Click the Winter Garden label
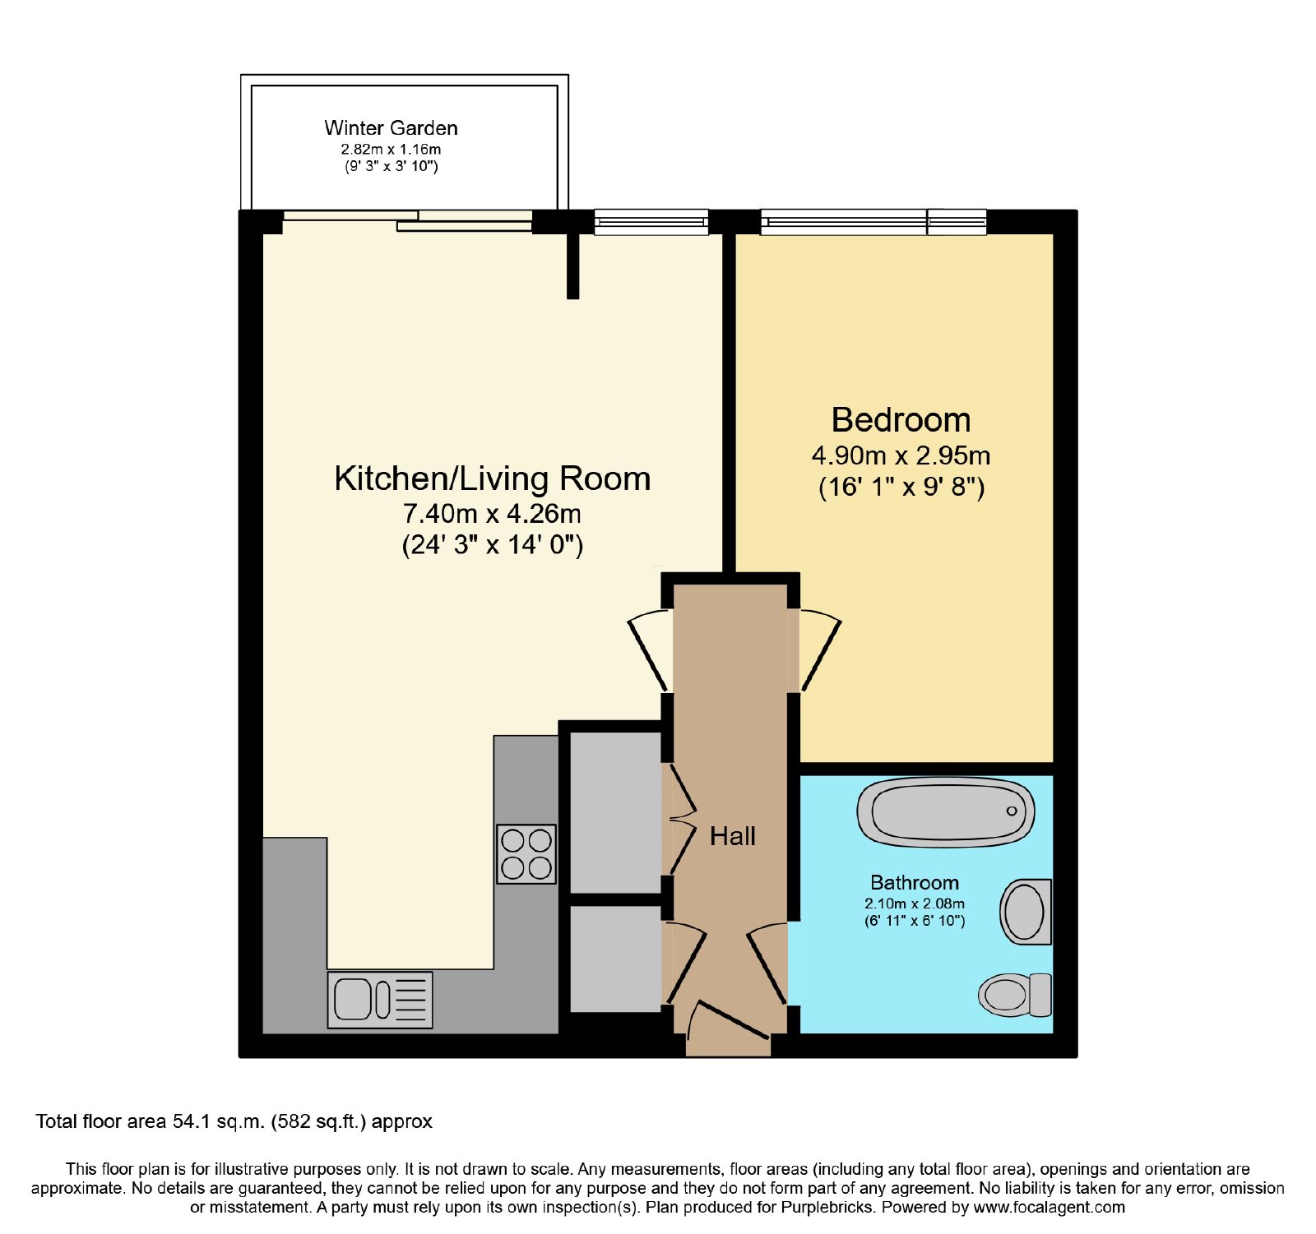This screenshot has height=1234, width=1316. point(391,128)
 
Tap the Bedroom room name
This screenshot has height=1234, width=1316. point(901,420)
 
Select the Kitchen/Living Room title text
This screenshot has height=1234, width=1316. point(492,478)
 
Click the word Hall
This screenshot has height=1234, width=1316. point(732,837)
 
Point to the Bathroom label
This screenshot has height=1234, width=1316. point(915,883)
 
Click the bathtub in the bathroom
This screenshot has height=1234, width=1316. point(946,812)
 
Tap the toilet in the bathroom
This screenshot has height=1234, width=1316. point(1015,995)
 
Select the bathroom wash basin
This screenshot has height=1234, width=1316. point(1026,912)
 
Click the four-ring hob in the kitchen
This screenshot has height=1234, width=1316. point(526,854)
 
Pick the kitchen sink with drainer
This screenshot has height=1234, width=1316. point(380,1000)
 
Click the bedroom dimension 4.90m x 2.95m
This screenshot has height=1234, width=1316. point(901,455)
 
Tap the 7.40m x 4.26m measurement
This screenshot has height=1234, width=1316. point(492,514)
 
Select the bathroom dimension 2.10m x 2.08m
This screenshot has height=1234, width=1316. point(915,904)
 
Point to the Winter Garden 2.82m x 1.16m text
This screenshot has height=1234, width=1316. point(391,150)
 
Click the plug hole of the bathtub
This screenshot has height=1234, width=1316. point(1012,811)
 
